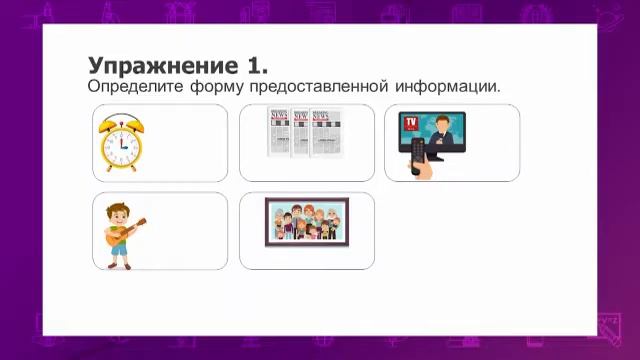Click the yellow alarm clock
pos(121,143)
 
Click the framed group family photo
pos(306,222)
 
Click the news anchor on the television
pos(444,131)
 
